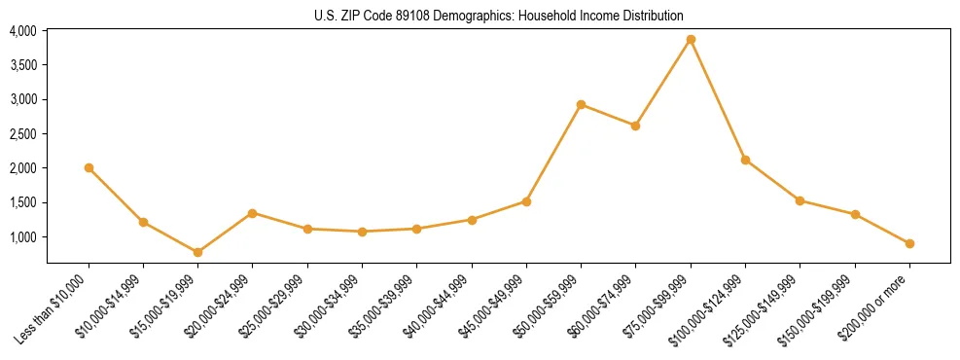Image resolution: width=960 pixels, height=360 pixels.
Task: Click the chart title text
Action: [x=498, y=16]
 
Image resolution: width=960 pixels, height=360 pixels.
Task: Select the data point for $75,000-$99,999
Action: [x=691, y=40]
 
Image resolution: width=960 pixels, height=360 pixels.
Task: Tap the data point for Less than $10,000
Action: [x=89, y=167]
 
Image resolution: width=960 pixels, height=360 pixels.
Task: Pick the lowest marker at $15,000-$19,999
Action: [x=197, y=252]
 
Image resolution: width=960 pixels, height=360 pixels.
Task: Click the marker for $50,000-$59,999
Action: [x=581, y=104]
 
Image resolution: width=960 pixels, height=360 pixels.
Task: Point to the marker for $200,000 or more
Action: [x=909, y=243]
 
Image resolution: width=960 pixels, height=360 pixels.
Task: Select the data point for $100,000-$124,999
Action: [x=745, y=160]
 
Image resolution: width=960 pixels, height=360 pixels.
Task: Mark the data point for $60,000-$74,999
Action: [x=635, y=126]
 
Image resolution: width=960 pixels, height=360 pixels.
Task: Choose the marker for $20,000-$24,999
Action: [x=253, y=213]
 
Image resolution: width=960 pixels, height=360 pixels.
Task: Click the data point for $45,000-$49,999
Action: [x=526, y=201]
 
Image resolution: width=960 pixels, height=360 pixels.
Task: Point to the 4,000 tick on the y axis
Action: [x=23, y=31]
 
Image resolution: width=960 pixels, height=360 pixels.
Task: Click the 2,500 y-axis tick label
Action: [x=23, y=134]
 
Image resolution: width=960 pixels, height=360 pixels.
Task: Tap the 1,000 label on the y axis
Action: [x=23, y=237]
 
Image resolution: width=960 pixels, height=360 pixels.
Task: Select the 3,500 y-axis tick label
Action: [x=23, y=65]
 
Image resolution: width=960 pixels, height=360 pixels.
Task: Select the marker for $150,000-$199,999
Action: [x=855, y=214]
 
